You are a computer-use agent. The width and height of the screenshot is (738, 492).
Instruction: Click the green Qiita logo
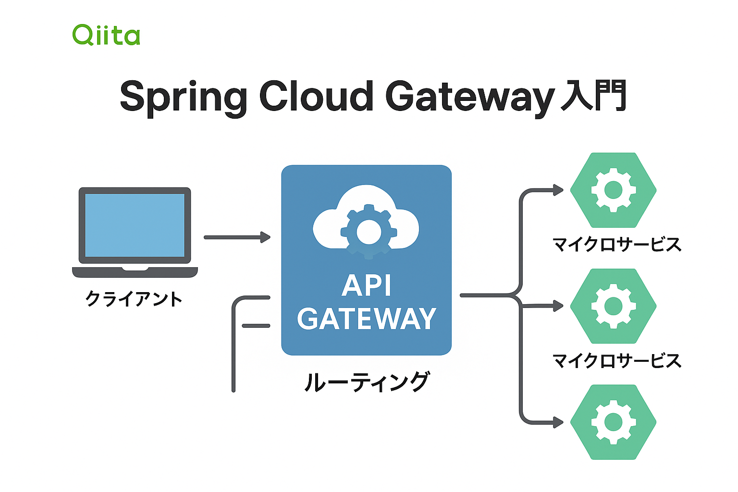pyautogui.click(x=106, y=35)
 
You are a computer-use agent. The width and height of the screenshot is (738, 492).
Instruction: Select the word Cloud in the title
pyautogui.click(x=316, y=96)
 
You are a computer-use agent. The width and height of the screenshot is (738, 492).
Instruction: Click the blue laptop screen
pyautogui.click(x=135, y=225)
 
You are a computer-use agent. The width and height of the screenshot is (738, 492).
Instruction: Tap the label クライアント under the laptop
pyautogui.click(x=134, y=299)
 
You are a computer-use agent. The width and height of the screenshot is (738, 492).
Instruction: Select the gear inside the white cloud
pyautogui.click(x=369, y=232)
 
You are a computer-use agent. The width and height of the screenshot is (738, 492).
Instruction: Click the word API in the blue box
pyautogui.click(x=367, y=286)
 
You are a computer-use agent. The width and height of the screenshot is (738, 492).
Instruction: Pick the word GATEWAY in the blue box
pyautogui.click(x=367, y=319)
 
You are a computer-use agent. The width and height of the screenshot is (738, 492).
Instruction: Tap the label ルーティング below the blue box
pyautogui.click(x=367, y=382)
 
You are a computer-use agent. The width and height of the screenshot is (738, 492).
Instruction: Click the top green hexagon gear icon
pyautogui.click(x=613, y=190)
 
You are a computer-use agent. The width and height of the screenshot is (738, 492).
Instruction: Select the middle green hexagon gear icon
pyautogui.click(x=613, y=306)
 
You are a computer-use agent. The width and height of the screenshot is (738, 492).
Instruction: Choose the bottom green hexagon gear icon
pyautogui.click(x=613, y=422)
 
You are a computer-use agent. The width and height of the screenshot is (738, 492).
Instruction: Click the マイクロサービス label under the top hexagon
pyautogui.click(x=617, y=245)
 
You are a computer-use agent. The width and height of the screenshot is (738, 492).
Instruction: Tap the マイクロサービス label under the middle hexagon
pyautogui.click(x=617, y=360)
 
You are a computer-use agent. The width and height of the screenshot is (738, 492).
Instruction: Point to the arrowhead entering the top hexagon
pyautogui.click(x=558, y=190)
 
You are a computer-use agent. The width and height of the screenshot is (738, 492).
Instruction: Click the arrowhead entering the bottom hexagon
pyautogui.click(x=558, y=422)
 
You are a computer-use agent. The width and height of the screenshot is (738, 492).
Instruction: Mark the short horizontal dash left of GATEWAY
pyautogui.click(x=256, y=326)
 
